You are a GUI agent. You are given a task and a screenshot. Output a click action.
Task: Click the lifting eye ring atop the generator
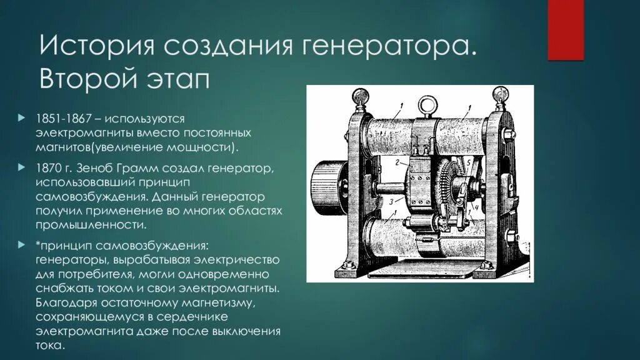click(426, 102)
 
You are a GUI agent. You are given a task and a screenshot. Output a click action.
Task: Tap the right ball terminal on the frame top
click(499, 96)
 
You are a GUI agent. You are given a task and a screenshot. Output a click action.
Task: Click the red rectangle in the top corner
click(565, 29)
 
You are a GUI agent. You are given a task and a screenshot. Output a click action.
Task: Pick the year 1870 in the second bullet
click(47, 169)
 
